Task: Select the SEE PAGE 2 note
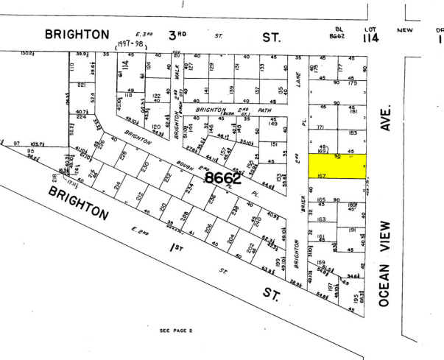click(x=175, y=331)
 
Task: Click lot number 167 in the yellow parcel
click(x=321, y=175)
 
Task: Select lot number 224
click(x=81, y=117)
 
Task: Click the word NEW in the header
click(x=404, y=30)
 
